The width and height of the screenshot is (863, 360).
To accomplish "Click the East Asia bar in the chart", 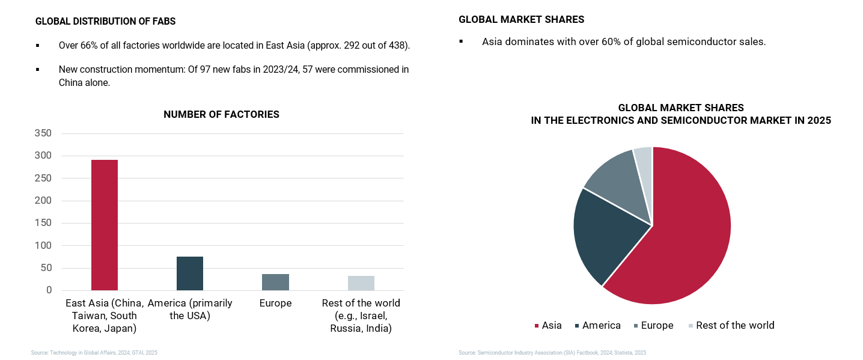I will (105, 225).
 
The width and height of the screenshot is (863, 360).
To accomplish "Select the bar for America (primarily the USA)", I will (190, 273).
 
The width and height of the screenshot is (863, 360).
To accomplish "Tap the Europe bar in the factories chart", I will (275, 282).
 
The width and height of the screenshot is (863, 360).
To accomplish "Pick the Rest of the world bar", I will (361, 283).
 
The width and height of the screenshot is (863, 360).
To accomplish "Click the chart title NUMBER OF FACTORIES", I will (221, 114).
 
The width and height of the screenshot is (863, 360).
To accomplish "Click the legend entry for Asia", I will (548, 325).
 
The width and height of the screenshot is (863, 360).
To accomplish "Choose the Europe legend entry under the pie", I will (653, 325).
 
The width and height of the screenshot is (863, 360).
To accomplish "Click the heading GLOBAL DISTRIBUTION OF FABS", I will (105, 22).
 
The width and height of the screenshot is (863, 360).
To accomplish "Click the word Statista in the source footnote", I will (626, 353).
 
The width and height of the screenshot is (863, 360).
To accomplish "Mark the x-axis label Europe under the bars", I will (275, 304).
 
